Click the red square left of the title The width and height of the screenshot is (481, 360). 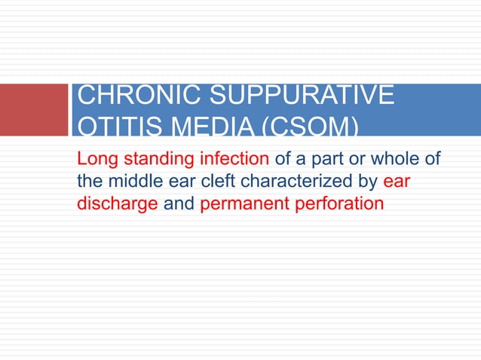point(34,109)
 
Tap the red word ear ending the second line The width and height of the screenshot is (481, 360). point(397,182)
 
